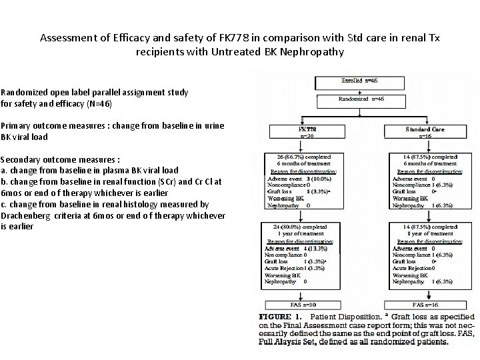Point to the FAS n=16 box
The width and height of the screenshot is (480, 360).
425,304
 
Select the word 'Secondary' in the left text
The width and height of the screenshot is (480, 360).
22,160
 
